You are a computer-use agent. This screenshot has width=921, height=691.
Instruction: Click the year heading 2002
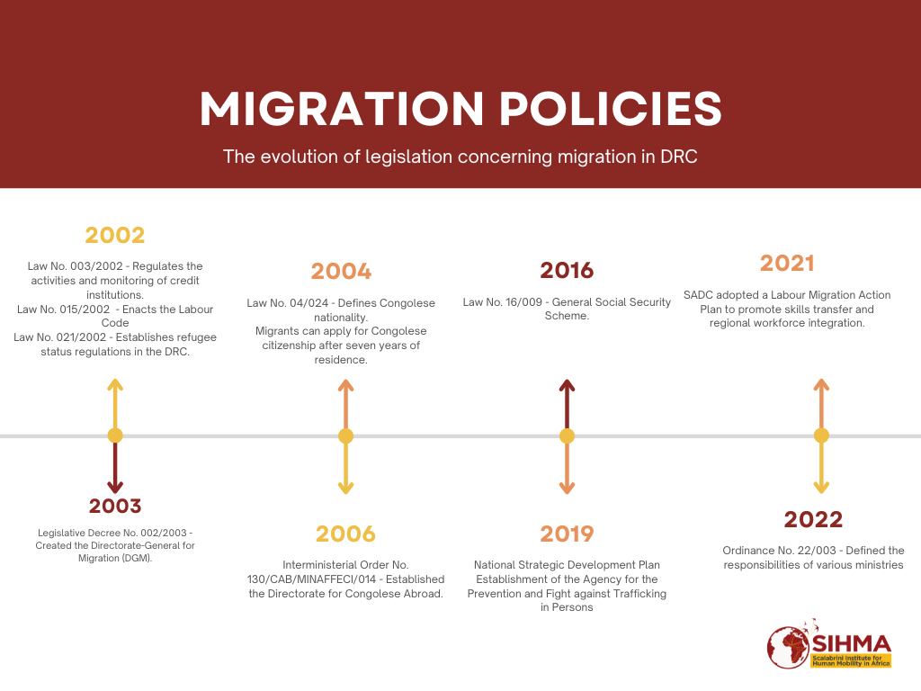click(x=115, y=236)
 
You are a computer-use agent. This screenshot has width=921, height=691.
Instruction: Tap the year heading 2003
click(x=115, y=506)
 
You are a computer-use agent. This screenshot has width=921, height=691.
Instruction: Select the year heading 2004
click(x=341, y=271)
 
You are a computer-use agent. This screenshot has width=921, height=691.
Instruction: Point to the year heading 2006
click(x=345, y=534)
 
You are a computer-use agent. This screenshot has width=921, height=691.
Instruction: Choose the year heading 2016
click(x=567, y=270)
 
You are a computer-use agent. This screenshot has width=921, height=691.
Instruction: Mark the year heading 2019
click(x=567, y=534)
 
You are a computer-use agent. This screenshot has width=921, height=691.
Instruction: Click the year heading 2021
click(x=787, y=264)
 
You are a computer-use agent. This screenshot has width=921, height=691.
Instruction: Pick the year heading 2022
click(x=813, y=519)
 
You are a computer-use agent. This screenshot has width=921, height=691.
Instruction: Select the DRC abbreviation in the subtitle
click(x=679, y=157)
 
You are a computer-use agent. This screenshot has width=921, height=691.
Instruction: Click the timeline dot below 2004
click(x=345, y=436)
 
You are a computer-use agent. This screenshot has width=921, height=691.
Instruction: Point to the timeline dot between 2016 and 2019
click(x=567, y=436)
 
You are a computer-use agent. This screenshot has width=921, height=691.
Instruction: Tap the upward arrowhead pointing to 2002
click(x=115, y=385)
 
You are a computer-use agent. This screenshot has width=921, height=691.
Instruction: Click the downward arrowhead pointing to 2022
click(x=821, y=488)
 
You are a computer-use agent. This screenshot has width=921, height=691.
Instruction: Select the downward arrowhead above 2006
click(x=345, y=488)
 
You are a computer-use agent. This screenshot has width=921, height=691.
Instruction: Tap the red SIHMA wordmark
click(x=852, y=643)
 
